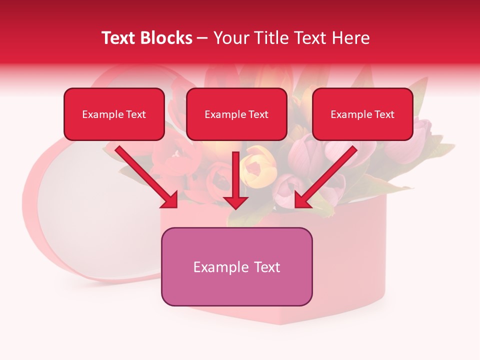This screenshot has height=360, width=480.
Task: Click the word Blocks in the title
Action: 165,38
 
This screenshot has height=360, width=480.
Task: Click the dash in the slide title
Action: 203,38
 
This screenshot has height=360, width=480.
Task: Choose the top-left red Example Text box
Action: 114,114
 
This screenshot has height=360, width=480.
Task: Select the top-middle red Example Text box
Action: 236,114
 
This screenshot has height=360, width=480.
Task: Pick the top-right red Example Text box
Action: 362,114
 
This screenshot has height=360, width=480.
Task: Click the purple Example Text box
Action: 236,266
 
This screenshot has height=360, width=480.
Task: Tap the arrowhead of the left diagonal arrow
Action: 170,199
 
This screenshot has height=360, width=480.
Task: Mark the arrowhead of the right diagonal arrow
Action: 302,199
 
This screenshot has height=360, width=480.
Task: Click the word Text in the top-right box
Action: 384,114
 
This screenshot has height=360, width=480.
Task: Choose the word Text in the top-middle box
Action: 258,114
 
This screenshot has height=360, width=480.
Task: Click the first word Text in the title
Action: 122,38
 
